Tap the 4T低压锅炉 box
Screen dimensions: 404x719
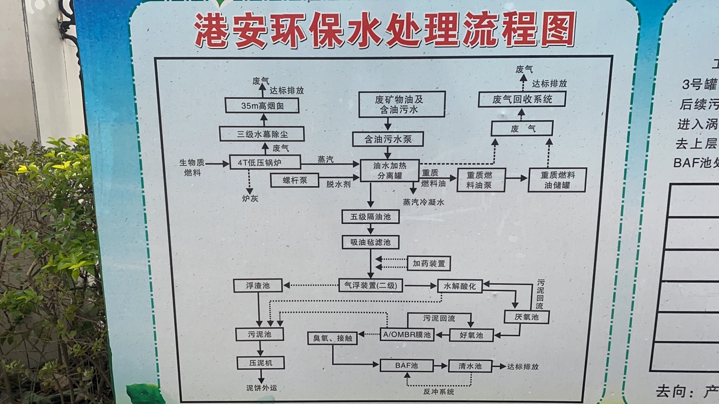(265, 162)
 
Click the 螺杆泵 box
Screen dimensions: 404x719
(295, 181)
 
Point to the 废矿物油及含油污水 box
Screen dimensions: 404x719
(402, 104)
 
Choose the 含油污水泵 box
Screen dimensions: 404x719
(388, 139)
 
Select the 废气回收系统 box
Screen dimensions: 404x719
(522, 99)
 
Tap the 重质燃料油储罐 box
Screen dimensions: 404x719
(557, 180)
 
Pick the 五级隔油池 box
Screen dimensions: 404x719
(371, 216)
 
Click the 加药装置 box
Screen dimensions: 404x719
(429, 263)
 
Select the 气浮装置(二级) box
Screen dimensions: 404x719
(371, 286)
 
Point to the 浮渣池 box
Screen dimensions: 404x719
(257, 286)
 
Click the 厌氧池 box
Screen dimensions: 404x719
(526, 317)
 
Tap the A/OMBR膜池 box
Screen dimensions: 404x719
(407, 335)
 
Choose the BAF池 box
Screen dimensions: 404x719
(406, 366)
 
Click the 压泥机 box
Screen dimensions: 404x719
(260, 363)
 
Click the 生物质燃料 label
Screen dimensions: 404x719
(193, 167)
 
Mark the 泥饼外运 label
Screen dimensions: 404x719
(262, 388)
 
